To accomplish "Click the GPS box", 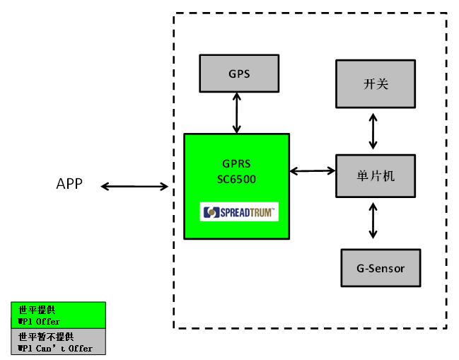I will click(x=238, y=74).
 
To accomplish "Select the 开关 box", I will click(x=376, y=84).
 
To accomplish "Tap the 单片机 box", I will click(x=376, y=175).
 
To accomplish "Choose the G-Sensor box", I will click(x=381, y=269).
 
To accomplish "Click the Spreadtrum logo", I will click(x=238, y=212).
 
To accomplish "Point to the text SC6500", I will click(x=237, y=179).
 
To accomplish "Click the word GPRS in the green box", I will click(x=237, y=164).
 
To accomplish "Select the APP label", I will click(x=69, y=185).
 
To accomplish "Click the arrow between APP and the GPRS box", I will click(x=135, y=187).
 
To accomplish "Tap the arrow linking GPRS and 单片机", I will click(x=312, y=170).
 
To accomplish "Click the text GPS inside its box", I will click(x=238, y=74).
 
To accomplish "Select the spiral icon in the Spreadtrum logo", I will click(x=209, y=212).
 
